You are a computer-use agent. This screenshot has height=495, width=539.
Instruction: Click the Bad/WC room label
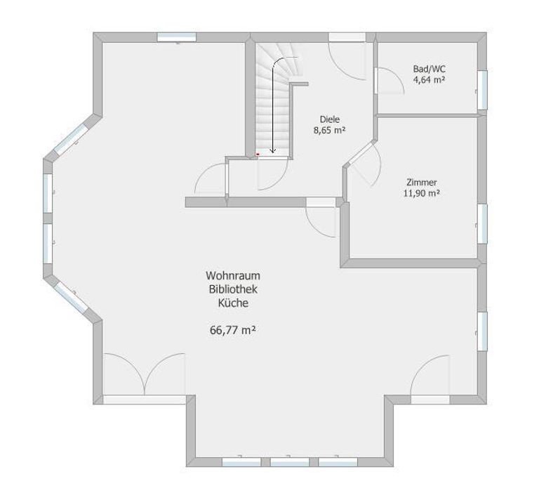tap(429, 69)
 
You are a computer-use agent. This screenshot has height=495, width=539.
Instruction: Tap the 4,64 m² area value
tap(429, 80)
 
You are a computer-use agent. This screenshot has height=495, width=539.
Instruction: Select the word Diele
tap(330, 119)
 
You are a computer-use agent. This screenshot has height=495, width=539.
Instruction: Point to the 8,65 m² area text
tap(329, 131)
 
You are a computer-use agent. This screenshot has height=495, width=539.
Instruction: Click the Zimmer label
tap(421, 183)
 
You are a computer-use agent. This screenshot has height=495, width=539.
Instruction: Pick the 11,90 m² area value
tap(422, 193)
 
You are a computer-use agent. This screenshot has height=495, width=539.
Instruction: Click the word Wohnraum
tap(233, 276)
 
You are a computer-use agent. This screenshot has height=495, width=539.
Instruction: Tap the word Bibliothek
tap(233, 289)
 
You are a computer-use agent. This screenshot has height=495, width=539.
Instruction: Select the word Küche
tap(233, 303)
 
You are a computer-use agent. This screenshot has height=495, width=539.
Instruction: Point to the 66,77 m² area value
tap(233, 330)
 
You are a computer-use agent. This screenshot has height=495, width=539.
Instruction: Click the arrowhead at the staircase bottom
tap(273, 150)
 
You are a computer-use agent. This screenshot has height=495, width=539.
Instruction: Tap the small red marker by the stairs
tap(258, 154)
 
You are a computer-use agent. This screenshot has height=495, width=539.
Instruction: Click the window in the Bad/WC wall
tap(482, 90)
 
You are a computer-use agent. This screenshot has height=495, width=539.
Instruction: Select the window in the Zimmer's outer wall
tap(482, 224)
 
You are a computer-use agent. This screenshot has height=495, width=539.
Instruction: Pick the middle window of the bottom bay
tap(290, 461)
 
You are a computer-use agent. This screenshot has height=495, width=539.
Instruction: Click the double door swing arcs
tap(145, 374)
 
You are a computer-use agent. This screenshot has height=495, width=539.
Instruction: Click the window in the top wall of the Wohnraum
tap(176, 37)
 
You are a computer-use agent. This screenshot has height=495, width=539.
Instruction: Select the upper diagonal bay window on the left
tap(71, 139)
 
